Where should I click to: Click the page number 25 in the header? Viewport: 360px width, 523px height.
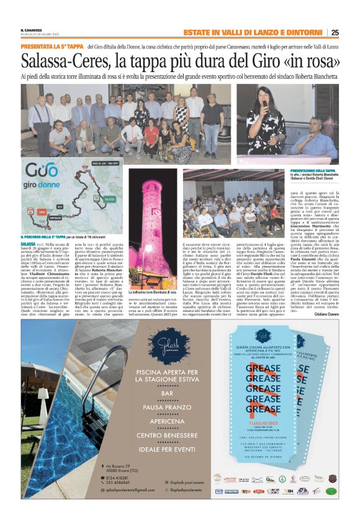(335, 33)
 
